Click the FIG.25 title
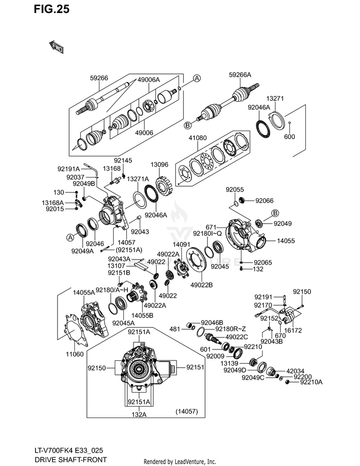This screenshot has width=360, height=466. point(51,9)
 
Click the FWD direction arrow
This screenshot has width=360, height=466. point(56,47)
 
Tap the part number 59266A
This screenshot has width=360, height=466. point(240,75)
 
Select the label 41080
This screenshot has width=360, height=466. point(198,138)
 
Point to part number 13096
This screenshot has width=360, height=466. point(159,164)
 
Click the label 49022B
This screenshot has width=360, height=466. point(202,285)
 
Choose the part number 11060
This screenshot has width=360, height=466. point(74,354)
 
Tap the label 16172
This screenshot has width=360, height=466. point(293,330)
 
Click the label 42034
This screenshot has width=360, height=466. point(295,371)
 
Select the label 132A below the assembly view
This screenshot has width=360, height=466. point(139,414)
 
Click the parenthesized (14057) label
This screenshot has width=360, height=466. point(187,411)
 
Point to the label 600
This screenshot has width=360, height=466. point(289,137)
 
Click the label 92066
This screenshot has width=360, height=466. point(264,201)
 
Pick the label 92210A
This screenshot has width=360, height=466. point(311,382)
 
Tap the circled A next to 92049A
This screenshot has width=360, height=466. point(70,238)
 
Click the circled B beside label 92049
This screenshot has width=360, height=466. point(275,213)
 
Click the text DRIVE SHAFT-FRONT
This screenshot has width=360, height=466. point(71,460)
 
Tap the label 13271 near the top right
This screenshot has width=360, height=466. point(275,98)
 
